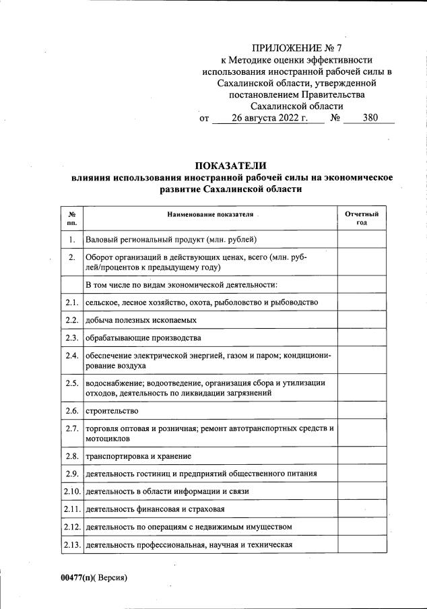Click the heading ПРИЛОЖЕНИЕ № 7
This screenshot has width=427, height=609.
tap(296, 48)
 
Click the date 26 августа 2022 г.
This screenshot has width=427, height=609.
tap(269, 118)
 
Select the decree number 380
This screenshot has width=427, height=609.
tap(370, 118)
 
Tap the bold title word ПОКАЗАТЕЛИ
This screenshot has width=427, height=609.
tap(231, 165)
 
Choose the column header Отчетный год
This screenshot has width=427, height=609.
tap(362, 218)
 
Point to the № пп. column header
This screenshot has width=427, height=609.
tap(71, 218)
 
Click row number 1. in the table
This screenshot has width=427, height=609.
tap(71, 239)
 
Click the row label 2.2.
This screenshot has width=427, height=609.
tap(71, 320)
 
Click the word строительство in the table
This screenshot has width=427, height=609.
tap(112, 410)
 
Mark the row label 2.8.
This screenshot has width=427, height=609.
tap(71, 456)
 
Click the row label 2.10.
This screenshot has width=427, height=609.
tap(71, 491)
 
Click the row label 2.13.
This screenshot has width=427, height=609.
tap(71, 544)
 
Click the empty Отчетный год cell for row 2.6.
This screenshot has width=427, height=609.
tap(362, 410)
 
